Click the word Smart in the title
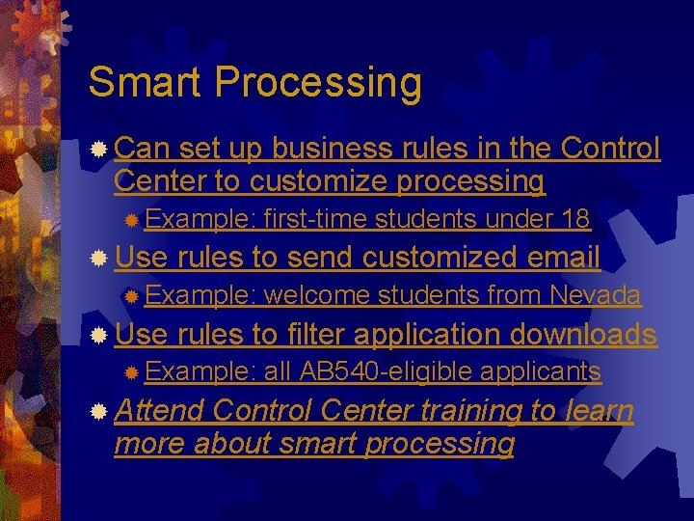[147, 83]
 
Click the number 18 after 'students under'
[574, 219]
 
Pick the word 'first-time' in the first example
[314, 219]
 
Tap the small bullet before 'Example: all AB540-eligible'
[132, 372]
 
